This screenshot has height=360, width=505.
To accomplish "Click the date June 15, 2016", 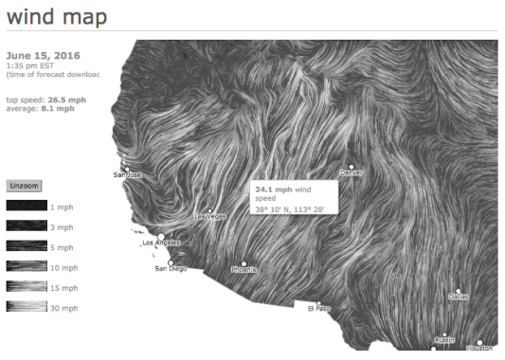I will pos(43,55).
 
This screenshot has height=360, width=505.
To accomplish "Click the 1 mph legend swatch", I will pos(25,206).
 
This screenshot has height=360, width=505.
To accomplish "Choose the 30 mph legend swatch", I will pos(25,306).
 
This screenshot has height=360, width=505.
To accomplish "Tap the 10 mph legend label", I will pos(63,266).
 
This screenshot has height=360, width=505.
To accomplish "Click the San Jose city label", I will pos(127,175).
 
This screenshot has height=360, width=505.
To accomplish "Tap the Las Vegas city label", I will pos(210,218).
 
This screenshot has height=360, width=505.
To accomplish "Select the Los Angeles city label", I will pos(160,244).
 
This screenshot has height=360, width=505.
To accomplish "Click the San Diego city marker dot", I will pos(171,262).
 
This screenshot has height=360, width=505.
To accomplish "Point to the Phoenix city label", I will pos(244,270).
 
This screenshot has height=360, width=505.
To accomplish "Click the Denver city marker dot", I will pos(351,167).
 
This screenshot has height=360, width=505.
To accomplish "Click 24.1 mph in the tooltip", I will pos(272,189).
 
